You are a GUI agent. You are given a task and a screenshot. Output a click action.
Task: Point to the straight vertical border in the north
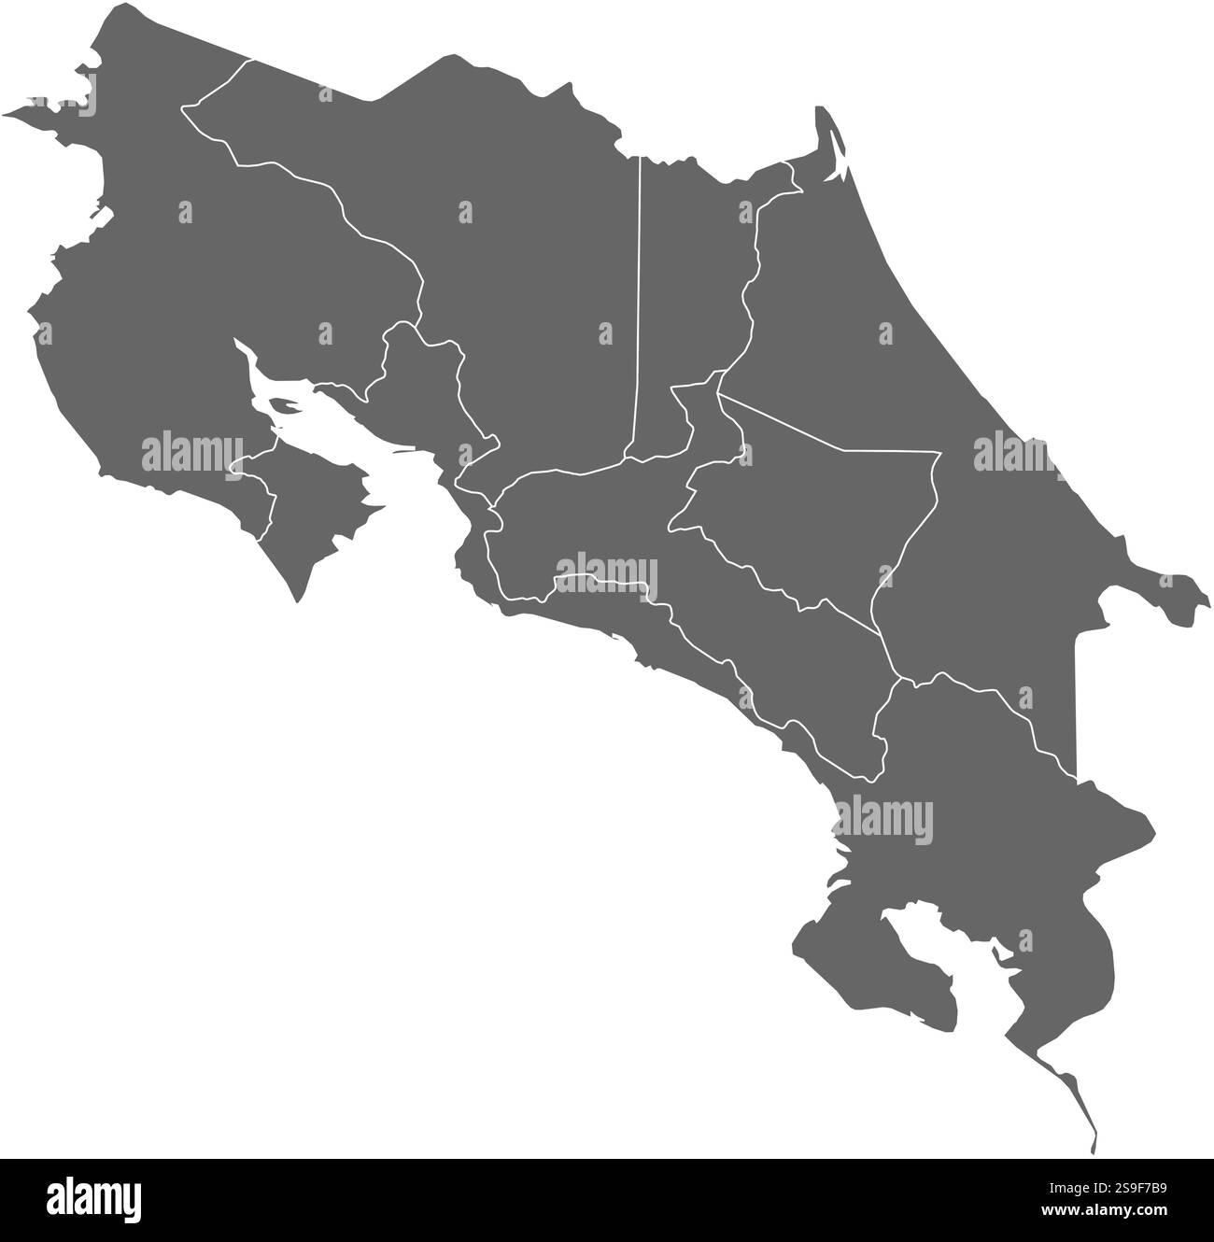pos(638,299)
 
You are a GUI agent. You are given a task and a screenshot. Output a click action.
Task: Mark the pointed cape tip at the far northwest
pos(9,115)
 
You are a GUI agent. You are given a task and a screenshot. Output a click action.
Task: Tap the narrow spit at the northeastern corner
pos(826,131)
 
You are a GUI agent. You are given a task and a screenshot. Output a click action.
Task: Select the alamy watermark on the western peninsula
pos(191,453)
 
